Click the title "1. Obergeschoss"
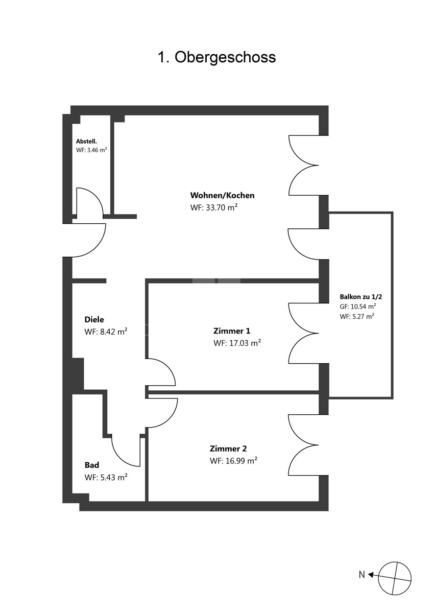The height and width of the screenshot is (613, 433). [216, 57]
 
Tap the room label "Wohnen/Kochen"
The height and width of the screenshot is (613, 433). [223, 195]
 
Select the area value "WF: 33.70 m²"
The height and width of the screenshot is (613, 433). [214, 208]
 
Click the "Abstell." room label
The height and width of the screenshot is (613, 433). [86, 142]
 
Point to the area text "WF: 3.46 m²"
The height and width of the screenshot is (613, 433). [91, 150]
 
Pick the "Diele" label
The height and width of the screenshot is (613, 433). [94, 319]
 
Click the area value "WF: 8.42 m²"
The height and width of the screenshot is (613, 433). [106, 332]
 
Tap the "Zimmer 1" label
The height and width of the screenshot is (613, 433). [232, 331]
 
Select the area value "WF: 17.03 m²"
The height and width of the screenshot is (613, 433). [237, 343]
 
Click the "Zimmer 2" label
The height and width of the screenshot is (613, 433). [228, 449]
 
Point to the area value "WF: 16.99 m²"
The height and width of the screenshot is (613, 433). [233, 461]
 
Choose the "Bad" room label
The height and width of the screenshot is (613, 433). [92, 465]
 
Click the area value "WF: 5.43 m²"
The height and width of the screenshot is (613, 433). [106, 477]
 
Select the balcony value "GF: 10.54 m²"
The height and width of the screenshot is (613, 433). [358, 306]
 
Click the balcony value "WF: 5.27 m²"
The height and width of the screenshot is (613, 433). [357, 316]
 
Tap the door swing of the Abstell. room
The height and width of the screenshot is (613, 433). [98, 196]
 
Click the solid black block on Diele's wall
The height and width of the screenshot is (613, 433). [78, 374]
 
